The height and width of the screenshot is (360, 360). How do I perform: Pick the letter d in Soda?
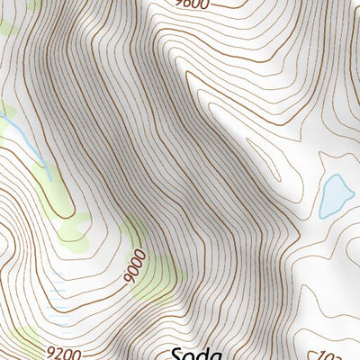(x=202, y=352)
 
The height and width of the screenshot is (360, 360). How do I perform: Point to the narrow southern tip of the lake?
(x=324, y=215)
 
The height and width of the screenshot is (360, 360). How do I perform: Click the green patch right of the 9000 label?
(x=155, y=270)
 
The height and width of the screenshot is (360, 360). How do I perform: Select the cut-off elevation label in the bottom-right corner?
(x=350, y=354)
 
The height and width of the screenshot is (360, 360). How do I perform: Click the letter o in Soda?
(x=190, y=355)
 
